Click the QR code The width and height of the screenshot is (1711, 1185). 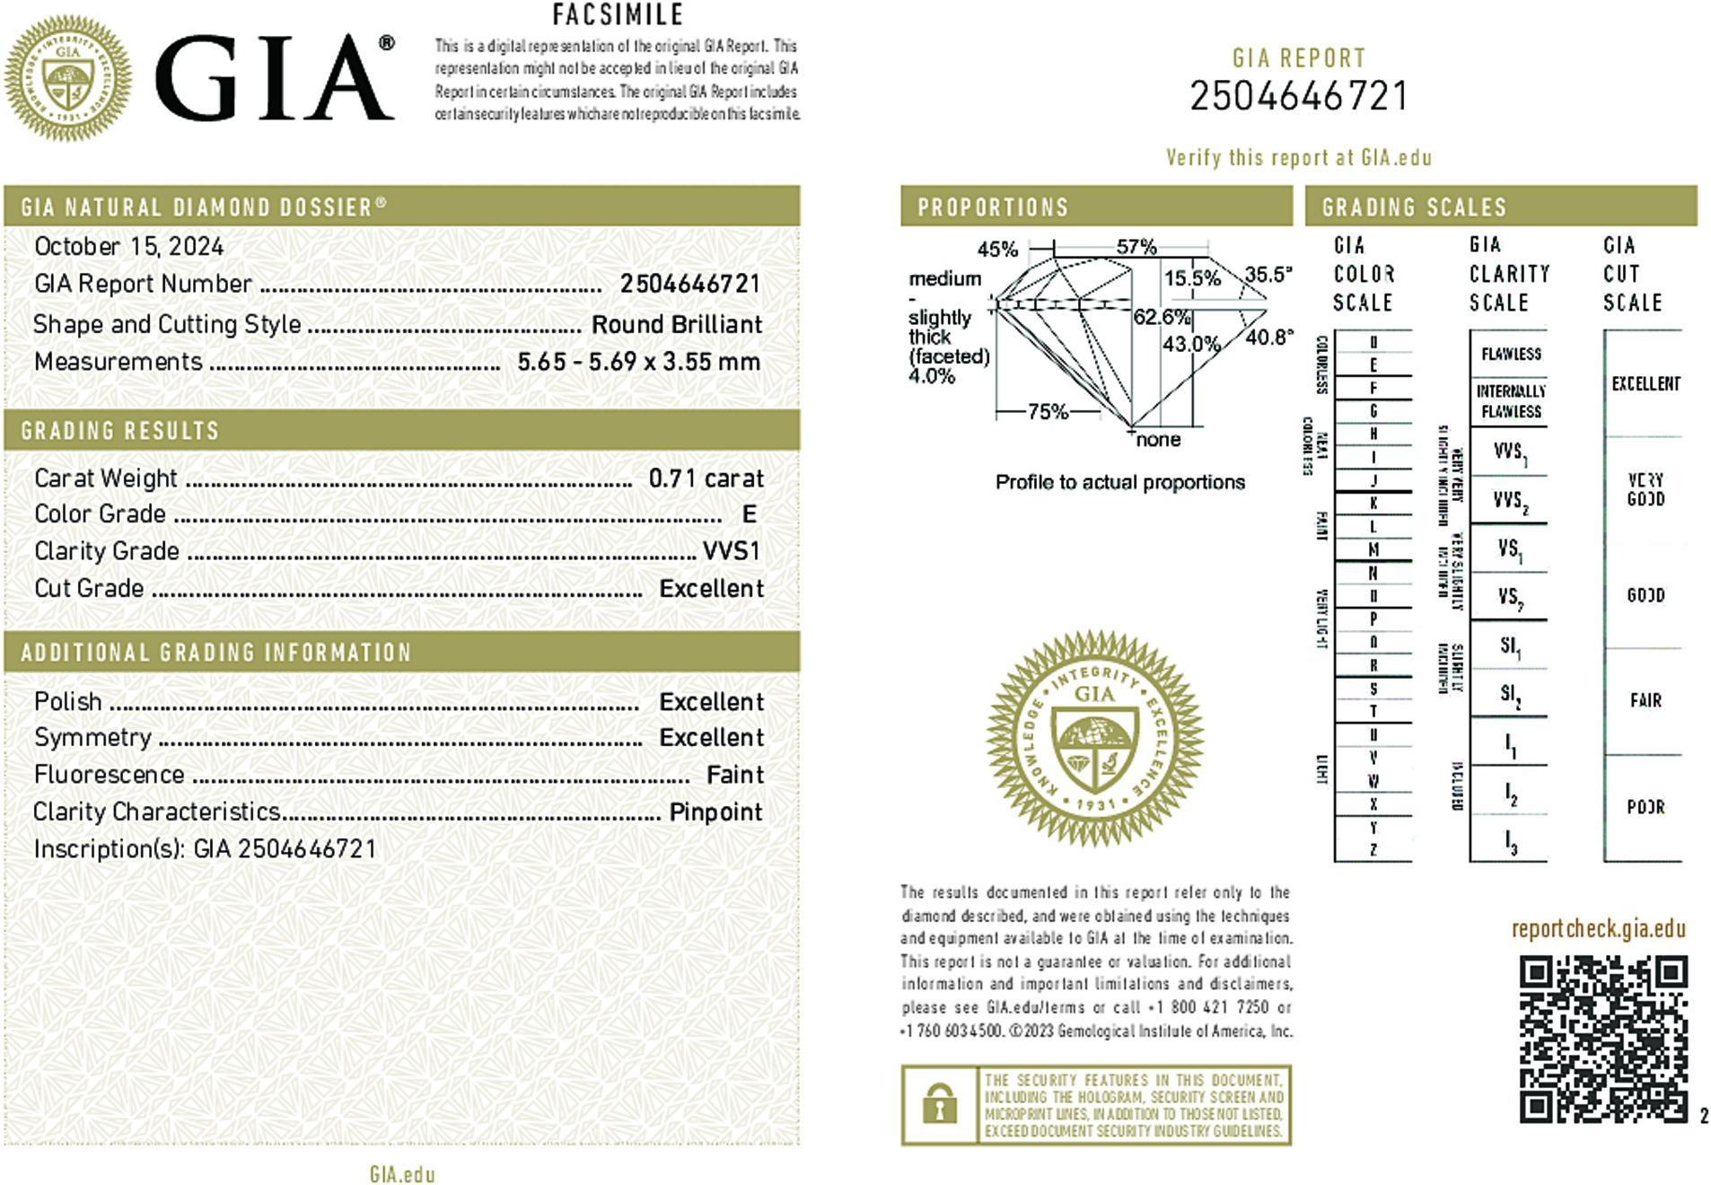1602,1039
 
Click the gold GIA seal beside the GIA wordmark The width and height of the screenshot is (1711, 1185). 68,78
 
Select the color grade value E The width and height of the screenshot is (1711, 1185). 749,514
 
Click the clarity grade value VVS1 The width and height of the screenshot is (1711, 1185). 731,551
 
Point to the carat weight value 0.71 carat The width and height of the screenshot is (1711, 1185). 706,478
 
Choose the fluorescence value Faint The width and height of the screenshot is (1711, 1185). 734,775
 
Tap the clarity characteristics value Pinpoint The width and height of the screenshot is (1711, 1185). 715,812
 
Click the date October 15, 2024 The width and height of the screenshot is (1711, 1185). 129,247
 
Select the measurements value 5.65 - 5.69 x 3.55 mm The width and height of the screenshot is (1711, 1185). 638,362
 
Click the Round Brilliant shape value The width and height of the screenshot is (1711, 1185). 676,325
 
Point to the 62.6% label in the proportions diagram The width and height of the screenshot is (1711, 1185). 1161,317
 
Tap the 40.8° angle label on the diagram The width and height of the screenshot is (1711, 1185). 1268,338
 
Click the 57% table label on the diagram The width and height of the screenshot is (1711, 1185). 1136,247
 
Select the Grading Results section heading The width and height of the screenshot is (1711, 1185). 120,431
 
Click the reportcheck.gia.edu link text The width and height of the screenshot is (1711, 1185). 1598,929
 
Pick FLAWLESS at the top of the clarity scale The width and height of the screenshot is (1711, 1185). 1511,355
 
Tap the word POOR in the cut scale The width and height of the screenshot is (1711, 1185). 1645,807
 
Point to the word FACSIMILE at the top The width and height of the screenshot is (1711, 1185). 618,15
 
